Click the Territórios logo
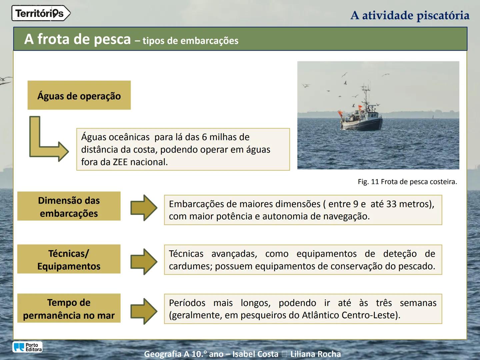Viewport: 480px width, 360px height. click(x=41, y=13)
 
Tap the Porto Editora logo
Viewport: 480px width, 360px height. click(x=28, y=347)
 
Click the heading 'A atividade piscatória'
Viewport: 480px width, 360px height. click(x=410, y=15)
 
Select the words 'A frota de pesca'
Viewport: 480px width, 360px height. click(x=77, y=39)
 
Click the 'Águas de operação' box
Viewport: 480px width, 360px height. click(x=79, y=95)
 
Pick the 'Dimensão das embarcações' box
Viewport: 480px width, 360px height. click(x=69, y=206)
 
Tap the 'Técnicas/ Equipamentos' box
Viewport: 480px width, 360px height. click(x=69, y=259)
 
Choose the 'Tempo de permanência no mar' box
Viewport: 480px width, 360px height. click(x=69, y=308)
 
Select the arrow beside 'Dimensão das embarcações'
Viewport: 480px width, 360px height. click(x=144, y=208)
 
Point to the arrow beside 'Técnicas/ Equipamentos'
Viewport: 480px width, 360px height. click(x=144, y=261)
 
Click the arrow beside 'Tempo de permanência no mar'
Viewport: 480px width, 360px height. click(x=144, y=311)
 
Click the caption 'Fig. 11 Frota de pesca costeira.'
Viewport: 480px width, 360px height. click(x=407, y=182)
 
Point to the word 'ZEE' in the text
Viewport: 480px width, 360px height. click(x=120, y=162)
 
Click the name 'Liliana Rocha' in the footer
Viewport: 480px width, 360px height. click(x=315, y=354)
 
